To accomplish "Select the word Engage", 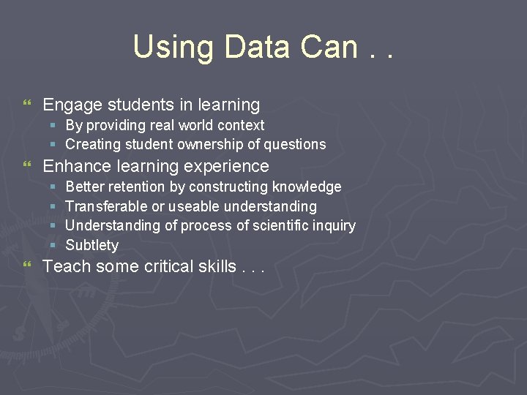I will (71, 105).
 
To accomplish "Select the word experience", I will (228, 166).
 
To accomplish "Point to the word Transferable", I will (105, 206).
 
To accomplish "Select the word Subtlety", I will (91, 245).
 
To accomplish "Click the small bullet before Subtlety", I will (53, 245).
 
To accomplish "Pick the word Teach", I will (67, 266).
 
